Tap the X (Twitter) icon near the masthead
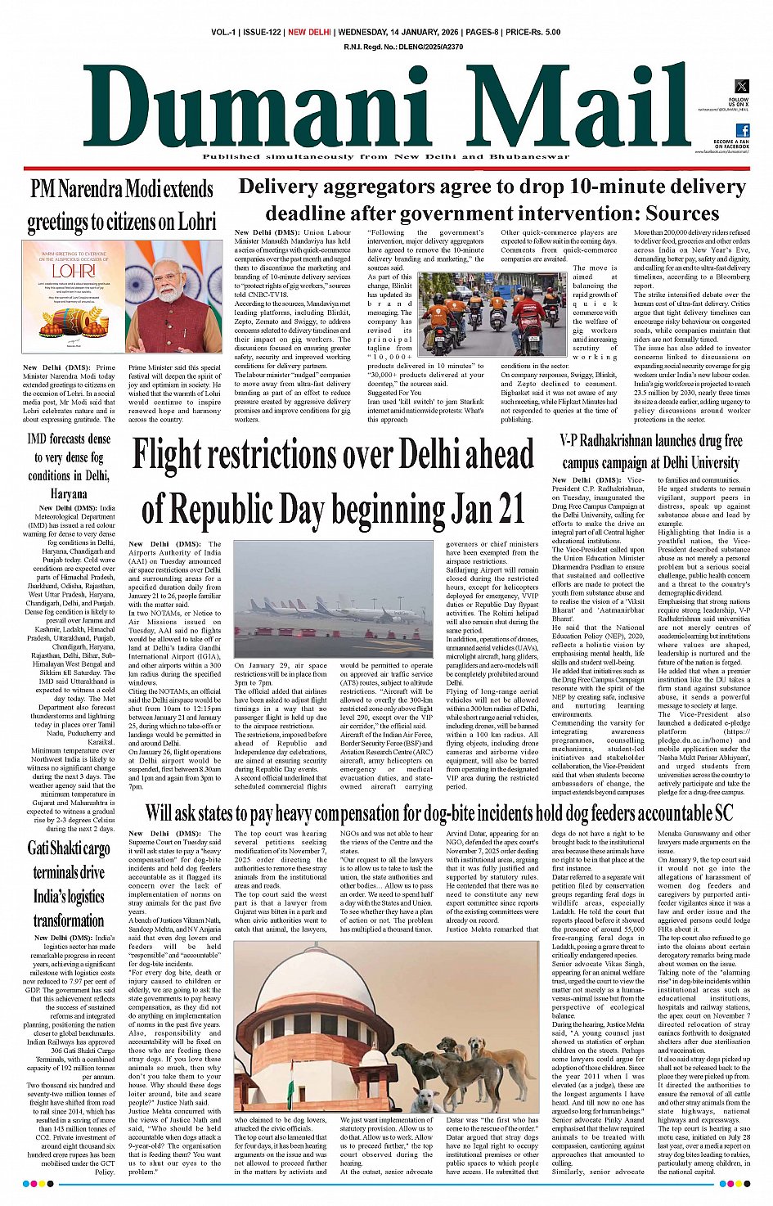pyautogui.click(x=741, y=87)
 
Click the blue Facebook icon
pyautogui.click(x=743, y=130)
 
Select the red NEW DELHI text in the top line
pyautogui.click(x=309, y=32)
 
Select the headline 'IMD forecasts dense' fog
pyautogui.click(x=69, y=439)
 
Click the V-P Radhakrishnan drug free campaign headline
pyautogui.click(x=651, y=452)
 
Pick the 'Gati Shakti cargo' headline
pyautogui.click(x=69, y=848)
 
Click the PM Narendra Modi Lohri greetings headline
pyautogui.click(x=122, y=205)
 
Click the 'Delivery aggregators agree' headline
pyautogui.click(x=492, y=200)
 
